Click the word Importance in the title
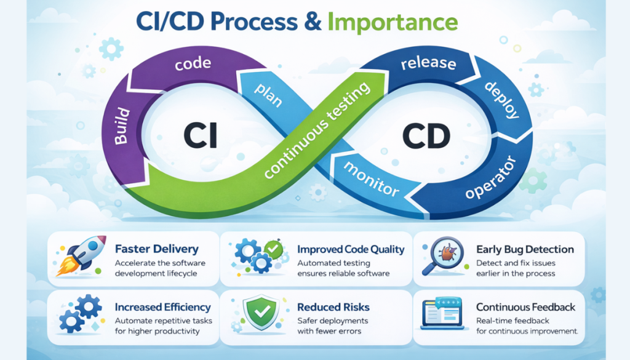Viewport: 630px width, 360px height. pyautogui.click(x=393, y=23)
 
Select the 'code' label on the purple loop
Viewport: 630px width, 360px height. pyautogui.click(x=193, y=63)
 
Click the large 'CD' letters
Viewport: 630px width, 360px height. pyautogui.click(x=428, y=135)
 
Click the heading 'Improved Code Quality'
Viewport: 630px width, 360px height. pyautogui.click(x=351, y=249)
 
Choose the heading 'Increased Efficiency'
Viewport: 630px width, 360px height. pyautogui.click(x=162, y=307)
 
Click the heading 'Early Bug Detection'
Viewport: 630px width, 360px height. pyautogui.click(x=525, y=249)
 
